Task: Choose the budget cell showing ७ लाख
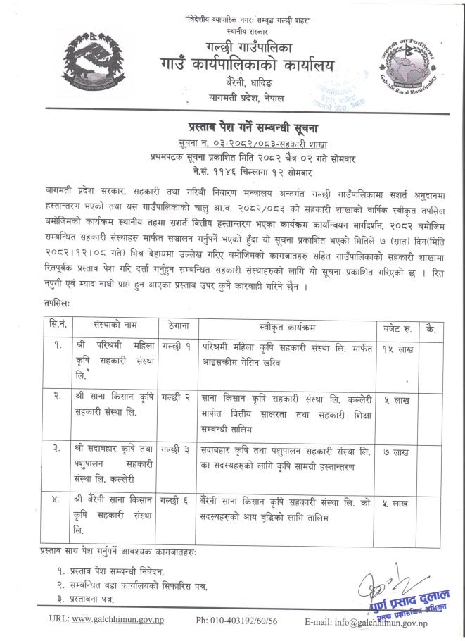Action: [393, 449]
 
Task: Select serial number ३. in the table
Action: [51, 449]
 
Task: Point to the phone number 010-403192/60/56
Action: [237, 620]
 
